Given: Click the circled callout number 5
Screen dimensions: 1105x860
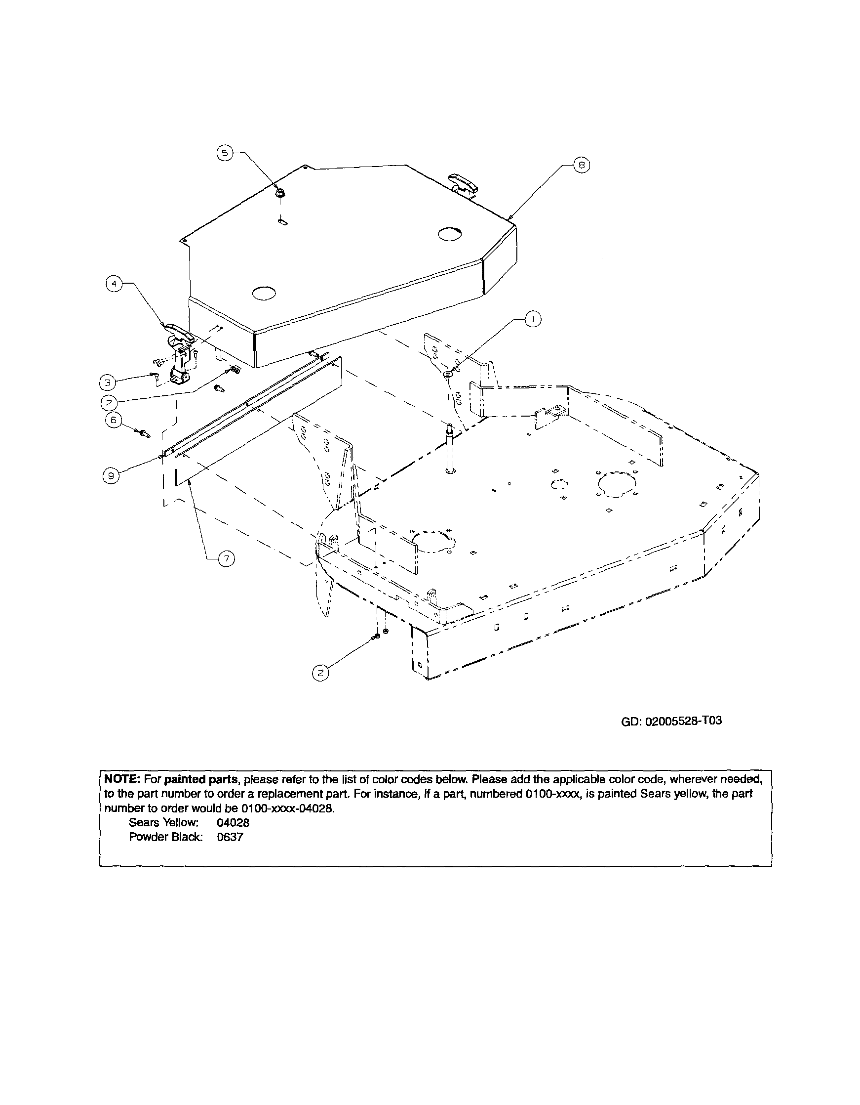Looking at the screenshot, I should coord(225,153).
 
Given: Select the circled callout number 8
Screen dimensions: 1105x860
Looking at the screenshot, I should coord(582,166).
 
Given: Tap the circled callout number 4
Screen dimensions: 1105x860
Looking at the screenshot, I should coord(114,284).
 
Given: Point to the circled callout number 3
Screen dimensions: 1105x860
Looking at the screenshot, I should coord(107,382).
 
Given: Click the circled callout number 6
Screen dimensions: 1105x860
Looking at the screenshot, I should coord(114,420).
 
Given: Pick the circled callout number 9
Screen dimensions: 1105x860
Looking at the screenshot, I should coord(111,475).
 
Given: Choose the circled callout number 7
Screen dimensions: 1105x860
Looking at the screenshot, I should coord(226,558).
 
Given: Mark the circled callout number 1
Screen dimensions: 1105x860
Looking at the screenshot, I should coord(532,319).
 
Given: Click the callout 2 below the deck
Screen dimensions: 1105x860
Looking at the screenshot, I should coord(320,673).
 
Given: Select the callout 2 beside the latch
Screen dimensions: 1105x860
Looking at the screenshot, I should coord(109,403).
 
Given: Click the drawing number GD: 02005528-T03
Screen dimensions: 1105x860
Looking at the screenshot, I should coord(670,721).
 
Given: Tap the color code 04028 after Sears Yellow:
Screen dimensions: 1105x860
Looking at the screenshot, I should coord(233,823).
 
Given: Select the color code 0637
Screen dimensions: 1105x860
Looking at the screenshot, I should coord(230,837).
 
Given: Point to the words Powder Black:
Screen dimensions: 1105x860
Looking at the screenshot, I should coord(166,837).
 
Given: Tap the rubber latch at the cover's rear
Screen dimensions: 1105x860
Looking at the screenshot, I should coord(462,183).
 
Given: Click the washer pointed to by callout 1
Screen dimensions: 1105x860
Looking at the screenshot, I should coord(448,374).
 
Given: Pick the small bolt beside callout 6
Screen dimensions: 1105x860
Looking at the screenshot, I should coord(144,433).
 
